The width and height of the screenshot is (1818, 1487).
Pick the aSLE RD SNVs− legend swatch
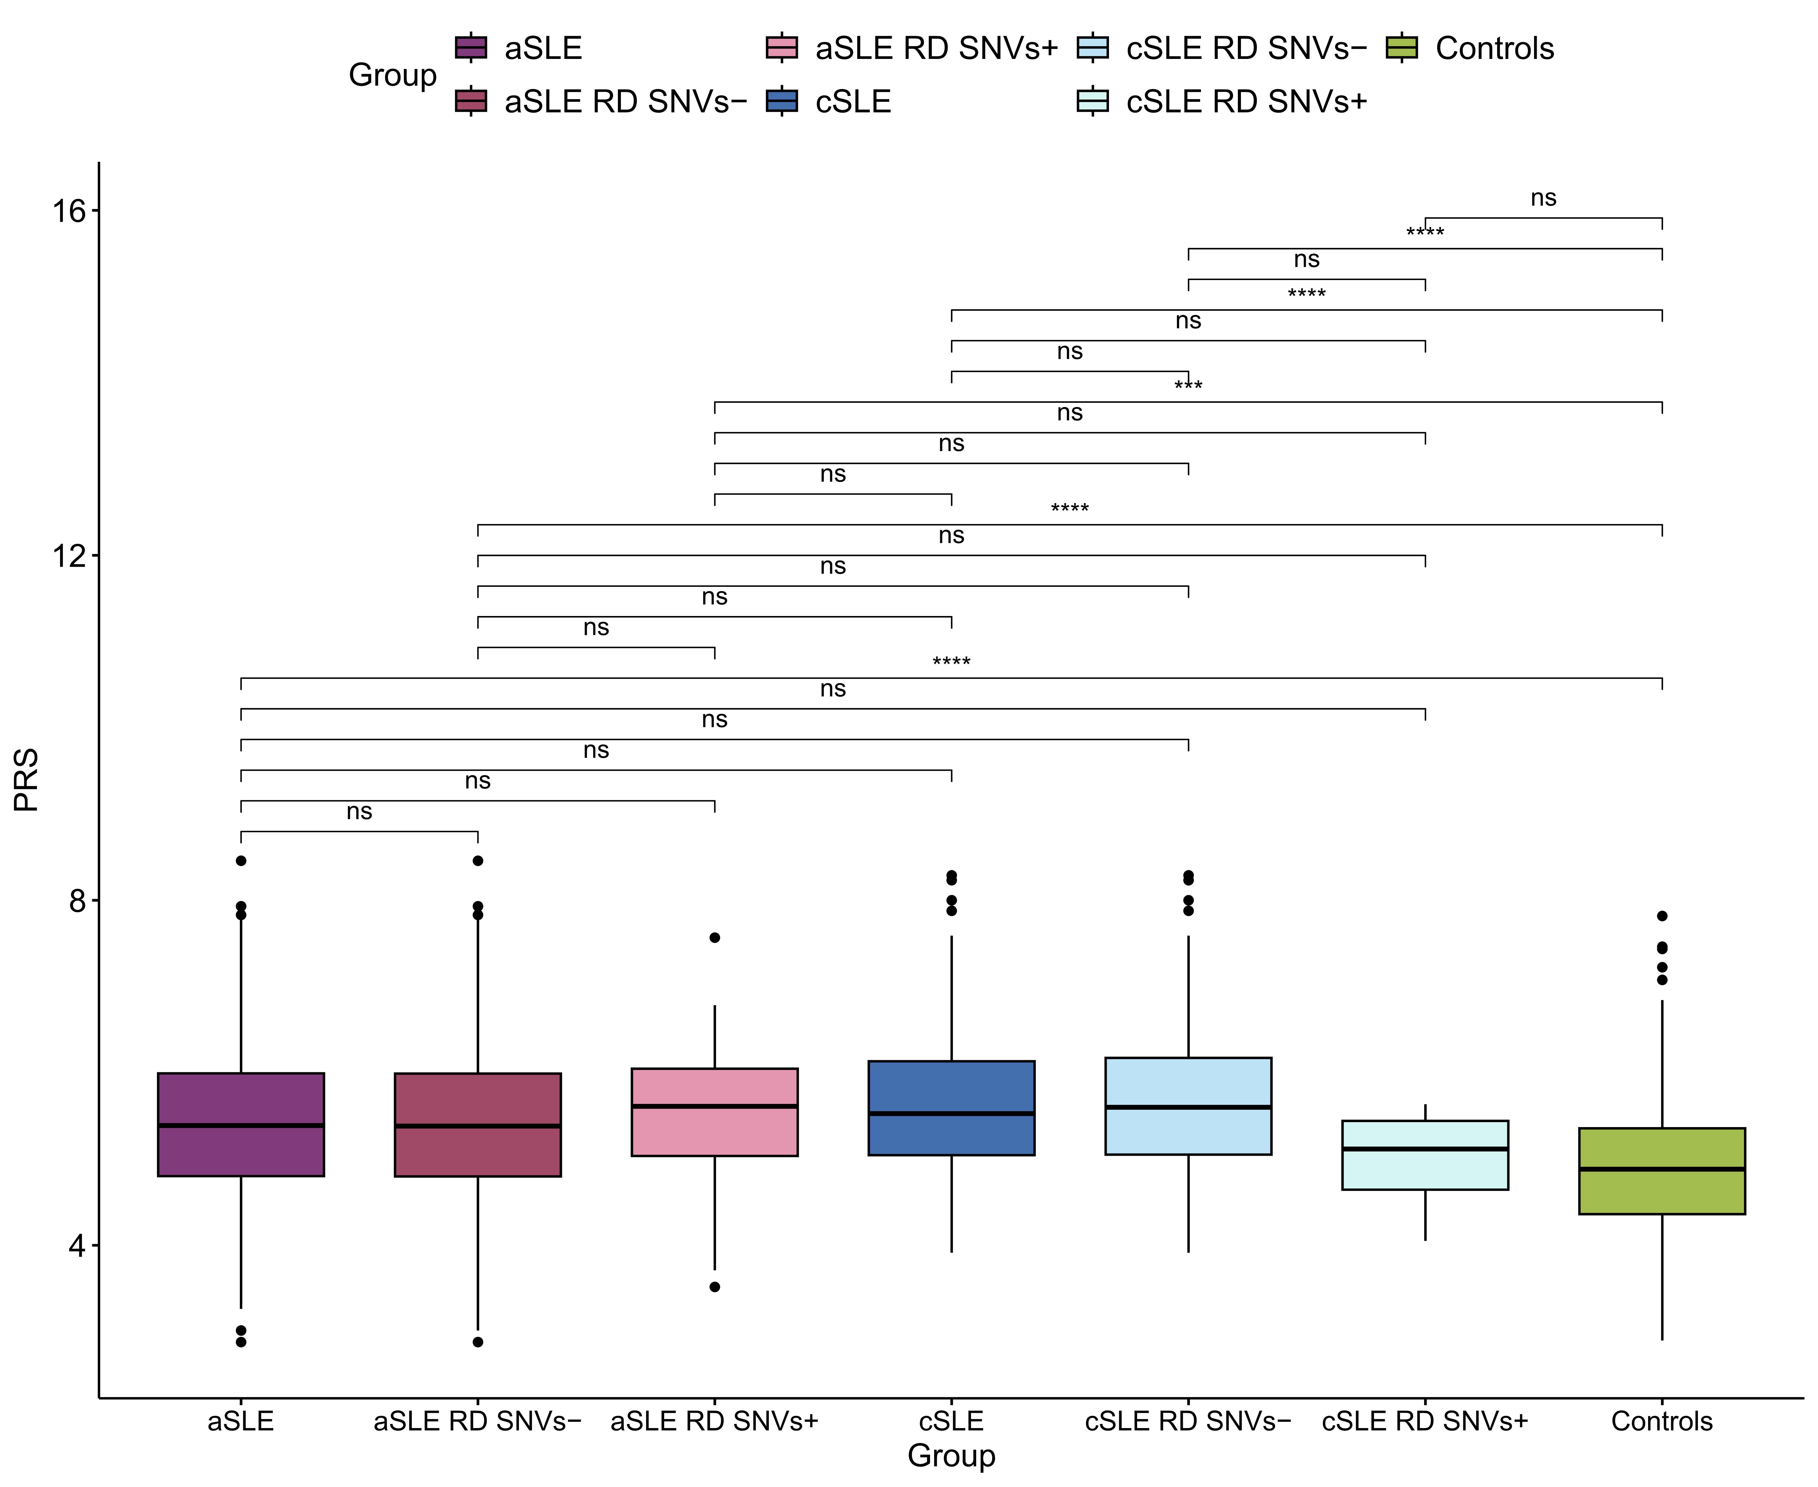471,101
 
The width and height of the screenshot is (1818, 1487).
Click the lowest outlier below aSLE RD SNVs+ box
715,1287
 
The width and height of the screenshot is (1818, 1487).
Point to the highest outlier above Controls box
1662,916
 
